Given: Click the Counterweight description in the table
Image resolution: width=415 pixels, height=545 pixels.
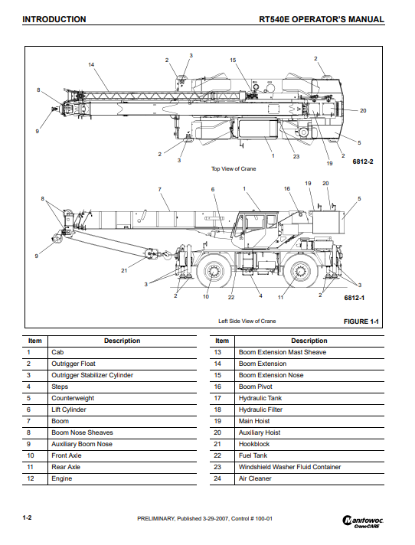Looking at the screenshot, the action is click(73, 398).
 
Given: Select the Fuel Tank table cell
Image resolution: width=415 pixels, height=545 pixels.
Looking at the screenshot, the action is click(253, 455).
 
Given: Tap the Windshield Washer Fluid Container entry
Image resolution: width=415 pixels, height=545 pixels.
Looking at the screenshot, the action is click(289, 467).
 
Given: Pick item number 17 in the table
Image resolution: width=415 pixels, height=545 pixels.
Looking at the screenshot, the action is click(217, 398).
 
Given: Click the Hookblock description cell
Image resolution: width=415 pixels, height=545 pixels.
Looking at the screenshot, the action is click(254, 444).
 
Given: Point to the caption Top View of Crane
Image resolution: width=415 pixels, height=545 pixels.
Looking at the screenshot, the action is click(234, 168).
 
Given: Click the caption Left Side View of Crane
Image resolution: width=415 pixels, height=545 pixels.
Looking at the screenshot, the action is click(247, 321).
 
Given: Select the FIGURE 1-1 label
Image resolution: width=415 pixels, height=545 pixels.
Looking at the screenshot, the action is click(361, 321).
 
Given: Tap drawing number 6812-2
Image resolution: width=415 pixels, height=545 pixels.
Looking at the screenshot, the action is click(363, 162).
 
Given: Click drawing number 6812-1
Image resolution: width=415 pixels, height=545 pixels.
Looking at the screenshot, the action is click(355, 298).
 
